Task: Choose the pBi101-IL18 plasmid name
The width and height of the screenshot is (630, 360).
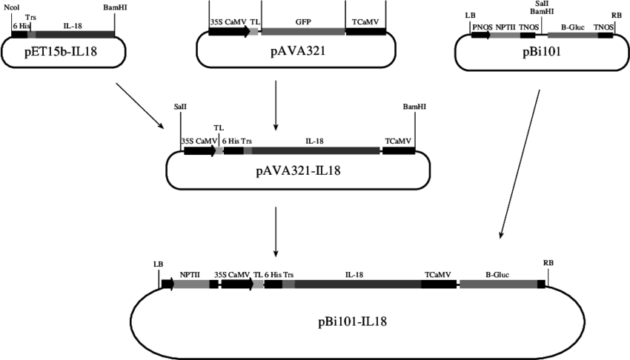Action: coord(348,321)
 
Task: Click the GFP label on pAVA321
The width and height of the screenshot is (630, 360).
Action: coord(302,21)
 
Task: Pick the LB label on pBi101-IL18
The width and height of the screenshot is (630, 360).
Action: coord(157,263)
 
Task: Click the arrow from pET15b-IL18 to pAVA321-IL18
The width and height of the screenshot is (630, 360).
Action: coord(141,104)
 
